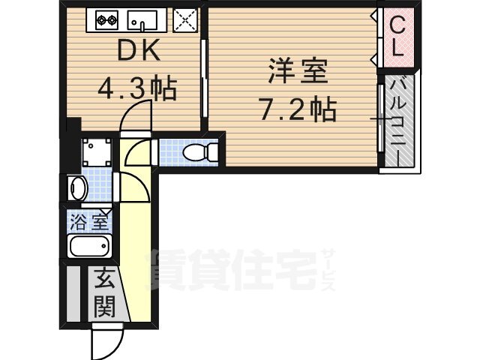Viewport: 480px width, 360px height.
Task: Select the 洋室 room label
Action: [x=298, y=73]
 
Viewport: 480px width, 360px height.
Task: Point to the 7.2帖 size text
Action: [x=298, y=111]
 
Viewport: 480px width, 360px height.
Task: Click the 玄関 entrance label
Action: [x=105, y=293]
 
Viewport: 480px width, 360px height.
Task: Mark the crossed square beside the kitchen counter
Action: [x=184, y=20]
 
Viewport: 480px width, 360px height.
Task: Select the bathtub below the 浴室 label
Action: [x=89, y=245]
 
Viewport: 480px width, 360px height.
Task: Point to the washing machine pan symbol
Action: [x=95, y=153]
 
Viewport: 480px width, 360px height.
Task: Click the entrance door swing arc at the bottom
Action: [x=103, y=343]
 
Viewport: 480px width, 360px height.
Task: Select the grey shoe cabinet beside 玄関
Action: [x=73, y=293]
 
